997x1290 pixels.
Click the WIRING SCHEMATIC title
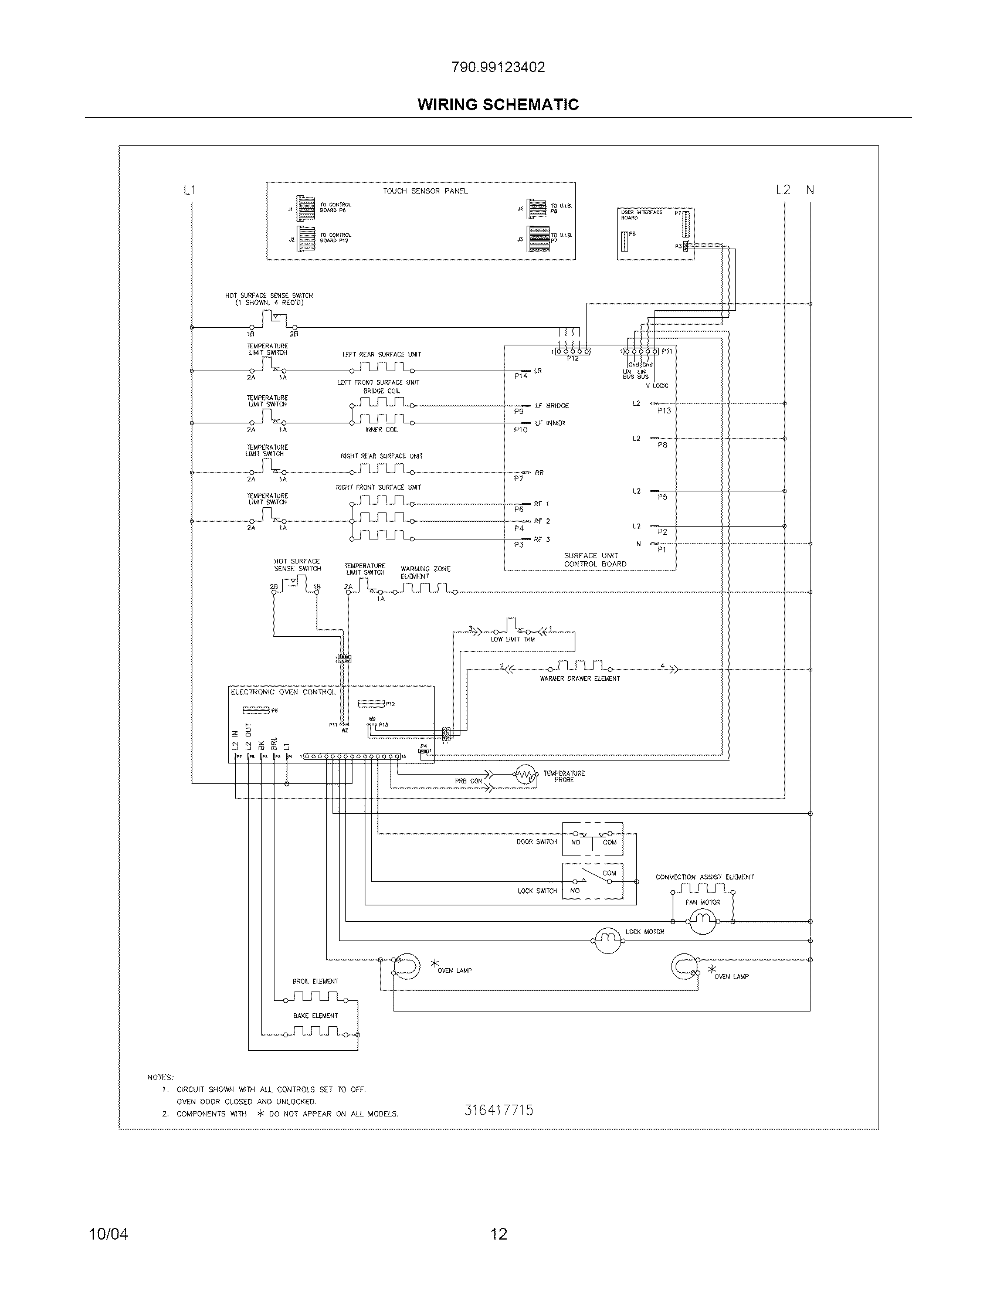pyautogui.click(x=498, y=104)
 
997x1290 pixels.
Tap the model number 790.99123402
pyautogui.click(x=498, y=67)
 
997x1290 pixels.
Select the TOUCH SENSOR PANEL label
pyautogui.click(x=425, y=191)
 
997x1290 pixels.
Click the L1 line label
pyautogui.click(x=189, y=190)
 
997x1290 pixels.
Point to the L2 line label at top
pyautogui.click(x=782, y=190)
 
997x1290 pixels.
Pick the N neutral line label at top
pyautogui.click(x=810, y=190)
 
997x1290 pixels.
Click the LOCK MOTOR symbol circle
pyautogui.click(x=607, y=940)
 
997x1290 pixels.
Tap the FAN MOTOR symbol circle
pyautogui.click(x=702, y=920)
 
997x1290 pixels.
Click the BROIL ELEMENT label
pyautogui.click(x=316, y=981)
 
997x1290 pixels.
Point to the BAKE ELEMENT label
pyautogui.click(x=316, y=1016)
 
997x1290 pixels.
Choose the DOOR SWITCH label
pyautogui.click(x=536, y=841)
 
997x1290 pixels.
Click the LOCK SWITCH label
pyautogui.click(x=537, y=891)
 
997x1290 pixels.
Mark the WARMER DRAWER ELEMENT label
pyautogui.click(x=579, y=678)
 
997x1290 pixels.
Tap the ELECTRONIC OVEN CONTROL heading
pyautogui.click(x=283, y=692)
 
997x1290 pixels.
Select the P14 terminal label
pyautogui.click(x=520, y=376)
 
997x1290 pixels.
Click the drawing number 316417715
pyautogui.click(x=498, y=1110)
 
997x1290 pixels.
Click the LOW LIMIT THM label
pyautogui.click(x=512, y=639)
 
